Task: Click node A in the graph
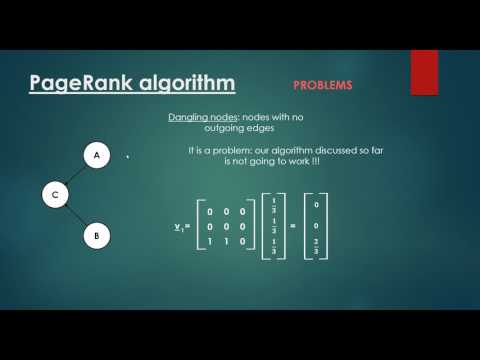tap(96, 156)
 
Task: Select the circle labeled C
tap(55, 195)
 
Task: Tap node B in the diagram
tap(96, 237)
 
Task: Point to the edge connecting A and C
tap(76, 175)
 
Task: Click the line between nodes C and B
tap(75, 216)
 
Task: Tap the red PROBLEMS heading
tap(322, 86)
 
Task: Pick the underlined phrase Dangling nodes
tap(205, 118)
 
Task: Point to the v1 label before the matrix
tap(178, 227)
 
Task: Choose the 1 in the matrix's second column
tap(225, 242)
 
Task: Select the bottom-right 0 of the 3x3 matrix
tap(241, 242)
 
